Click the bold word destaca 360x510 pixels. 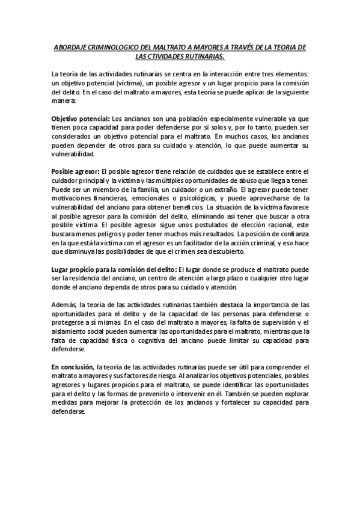[x=232, y=306]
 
